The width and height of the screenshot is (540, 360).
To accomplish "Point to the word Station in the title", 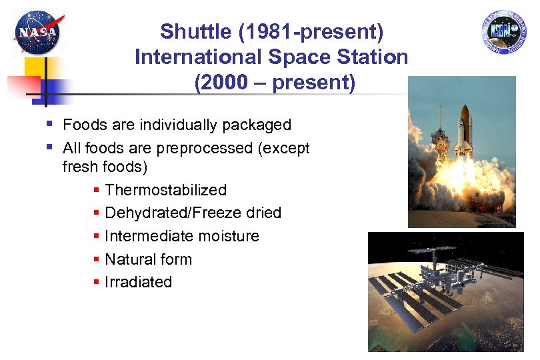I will pyautogui.click(x=375, y=57).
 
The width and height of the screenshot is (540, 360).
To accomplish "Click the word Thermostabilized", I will pyautogui.click(x=166, y=190).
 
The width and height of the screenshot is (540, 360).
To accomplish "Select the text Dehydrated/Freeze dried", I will pyautogui.click(x=193, y=213).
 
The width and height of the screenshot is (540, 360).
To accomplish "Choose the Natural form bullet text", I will pyautogui.click(x=148, y=259).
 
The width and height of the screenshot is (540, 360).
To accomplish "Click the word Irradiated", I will pyautogui.click(x=138, y=282).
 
